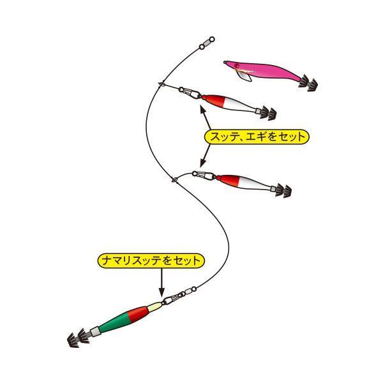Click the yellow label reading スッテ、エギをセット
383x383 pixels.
pyautogui.click(x=256, y=136)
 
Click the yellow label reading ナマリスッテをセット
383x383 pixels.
pyautogui.click(x=152, y=260)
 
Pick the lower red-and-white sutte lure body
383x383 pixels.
pyautogui.click(x=246, y=183)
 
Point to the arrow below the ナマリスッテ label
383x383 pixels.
pyautogui.click(x=161, y=278)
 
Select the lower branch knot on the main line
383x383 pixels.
pyautogui.click(x=173, y=179)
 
